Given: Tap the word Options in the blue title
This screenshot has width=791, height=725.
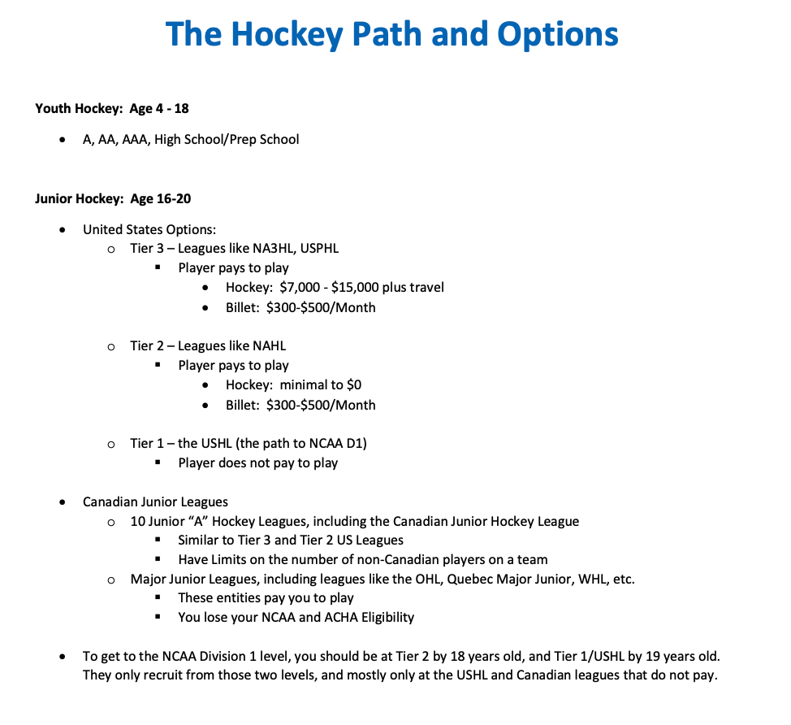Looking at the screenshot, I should (558, 34).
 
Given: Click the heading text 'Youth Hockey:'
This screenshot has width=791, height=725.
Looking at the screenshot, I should (79, 108).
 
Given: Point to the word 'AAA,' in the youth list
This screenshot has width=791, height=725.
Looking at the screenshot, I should (136, 140).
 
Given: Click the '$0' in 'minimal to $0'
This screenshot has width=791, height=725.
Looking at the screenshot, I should (354, 385).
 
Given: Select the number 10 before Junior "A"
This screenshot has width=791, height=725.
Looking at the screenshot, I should (137, 522).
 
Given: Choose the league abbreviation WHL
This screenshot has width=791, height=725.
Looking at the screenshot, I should (595, 580).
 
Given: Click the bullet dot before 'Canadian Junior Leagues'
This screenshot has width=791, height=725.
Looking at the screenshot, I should (63, 502).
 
